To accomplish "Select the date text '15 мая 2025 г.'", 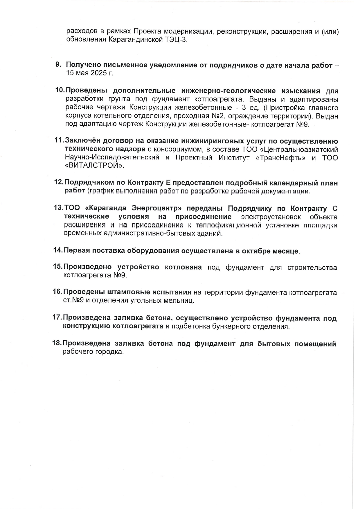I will point(90,73).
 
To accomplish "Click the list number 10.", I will point(60,90).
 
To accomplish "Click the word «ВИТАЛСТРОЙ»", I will point(94,166).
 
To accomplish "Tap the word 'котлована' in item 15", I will point(183,267).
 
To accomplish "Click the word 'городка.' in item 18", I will point(109,352).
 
